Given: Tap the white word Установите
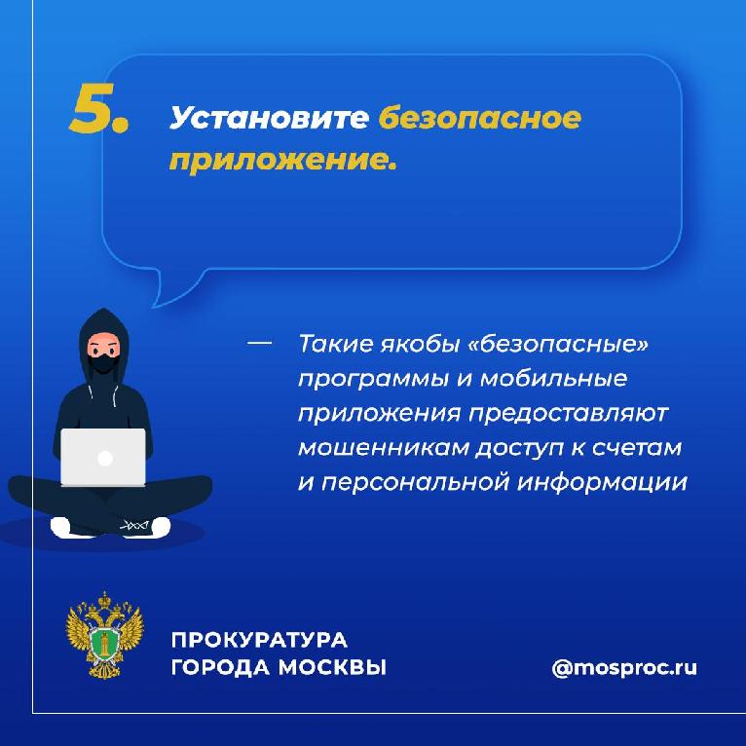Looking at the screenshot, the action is tap(269, 118).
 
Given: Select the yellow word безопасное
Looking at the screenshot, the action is tap(479, 117).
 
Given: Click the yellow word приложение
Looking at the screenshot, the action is tap(282, 159).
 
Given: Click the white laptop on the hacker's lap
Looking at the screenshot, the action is tap(103, 457).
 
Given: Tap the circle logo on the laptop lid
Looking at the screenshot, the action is tap(104, 459).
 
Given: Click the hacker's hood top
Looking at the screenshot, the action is tap(103, 317).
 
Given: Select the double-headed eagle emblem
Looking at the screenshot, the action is tap(104, 635).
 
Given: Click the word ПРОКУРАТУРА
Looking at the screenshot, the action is tap(259, 640).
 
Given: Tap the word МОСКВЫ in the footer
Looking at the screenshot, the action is tap(331, 667).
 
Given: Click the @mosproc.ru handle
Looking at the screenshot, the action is tap(624, 667).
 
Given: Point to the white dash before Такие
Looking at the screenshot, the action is tap(260, 342).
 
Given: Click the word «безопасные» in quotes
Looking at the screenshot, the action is tap(558, 344).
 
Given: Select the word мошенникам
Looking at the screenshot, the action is tap(384, 448).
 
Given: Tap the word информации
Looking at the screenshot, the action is tap(602, 482).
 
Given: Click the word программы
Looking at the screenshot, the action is tap(373, 380).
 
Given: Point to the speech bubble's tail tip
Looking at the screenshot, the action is tap(153, 307).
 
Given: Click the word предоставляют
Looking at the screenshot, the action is tap(569, 414).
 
